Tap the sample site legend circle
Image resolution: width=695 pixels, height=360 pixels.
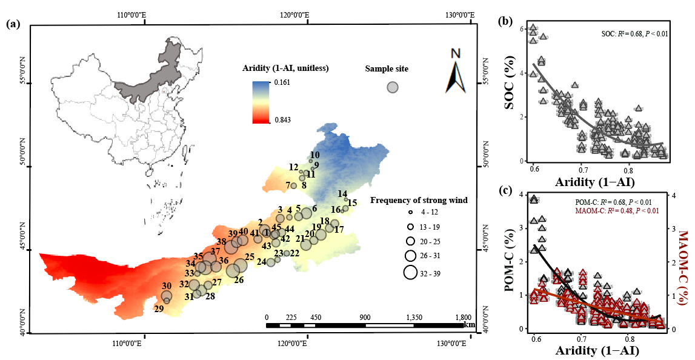(x=393, y=87)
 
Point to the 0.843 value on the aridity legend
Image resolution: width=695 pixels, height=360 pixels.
(x=283, y=120)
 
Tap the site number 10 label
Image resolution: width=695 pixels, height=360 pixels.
(x=314, y=155)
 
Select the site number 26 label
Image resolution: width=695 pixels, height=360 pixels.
(x=239, y=280)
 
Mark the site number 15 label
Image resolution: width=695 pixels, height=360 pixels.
(x=352, y=202)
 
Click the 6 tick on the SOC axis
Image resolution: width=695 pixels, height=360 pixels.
(x=523, y=28)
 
